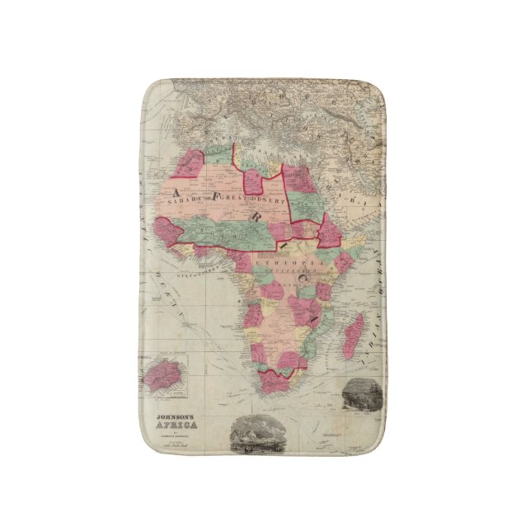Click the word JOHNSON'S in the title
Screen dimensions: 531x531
[x=176, y=419]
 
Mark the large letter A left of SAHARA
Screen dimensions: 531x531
[x=185, y=190]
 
